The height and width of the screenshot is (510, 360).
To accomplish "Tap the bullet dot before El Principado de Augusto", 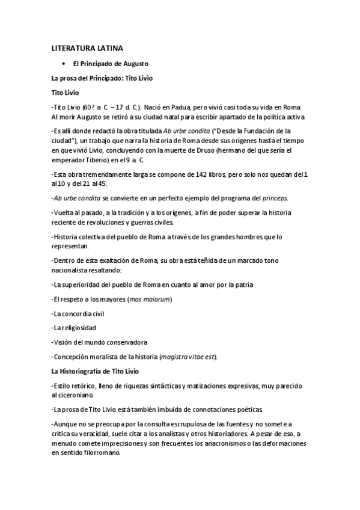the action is click(63, 63).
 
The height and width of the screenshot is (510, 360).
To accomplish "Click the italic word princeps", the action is click(263, 198).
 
